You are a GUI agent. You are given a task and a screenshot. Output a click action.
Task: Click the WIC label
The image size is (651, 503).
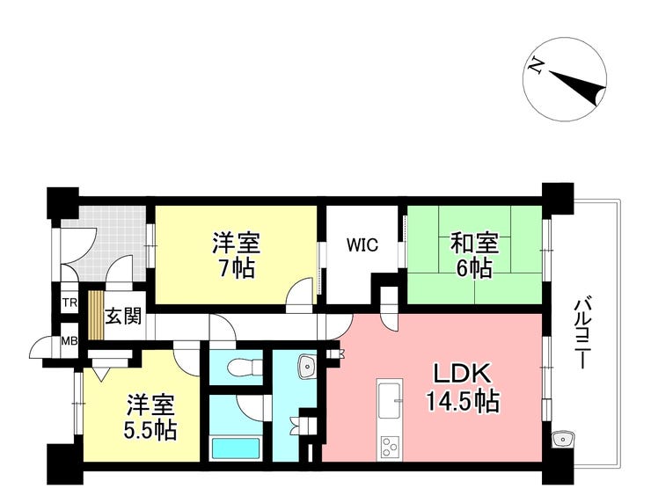(362, 244)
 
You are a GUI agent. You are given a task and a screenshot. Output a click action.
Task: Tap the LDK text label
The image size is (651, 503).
(463, 375)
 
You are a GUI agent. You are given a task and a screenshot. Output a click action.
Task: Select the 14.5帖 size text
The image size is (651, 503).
(463, 401)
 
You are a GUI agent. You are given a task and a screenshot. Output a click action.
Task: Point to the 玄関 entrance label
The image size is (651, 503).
(123, 317)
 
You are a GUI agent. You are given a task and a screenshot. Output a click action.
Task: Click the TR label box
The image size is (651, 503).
(69, 303)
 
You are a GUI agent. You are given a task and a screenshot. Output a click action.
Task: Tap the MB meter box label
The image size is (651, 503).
(69, 341)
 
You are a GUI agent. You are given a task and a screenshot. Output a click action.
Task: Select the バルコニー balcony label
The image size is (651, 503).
(580, 333)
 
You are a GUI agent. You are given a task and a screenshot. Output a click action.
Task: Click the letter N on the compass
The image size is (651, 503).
(536, 67)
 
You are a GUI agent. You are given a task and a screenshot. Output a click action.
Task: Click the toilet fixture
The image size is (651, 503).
(245, 367)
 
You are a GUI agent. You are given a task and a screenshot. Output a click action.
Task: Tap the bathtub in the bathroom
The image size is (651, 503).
(236, 448)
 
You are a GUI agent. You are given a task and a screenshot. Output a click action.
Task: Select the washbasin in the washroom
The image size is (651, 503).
(307, 367)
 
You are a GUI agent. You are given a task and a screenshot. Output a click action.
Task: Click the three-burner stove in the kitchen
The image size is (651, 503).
(390, 447)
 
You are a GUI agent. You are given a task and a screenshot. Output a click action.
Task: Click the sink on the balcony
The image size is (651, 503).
(562, 439)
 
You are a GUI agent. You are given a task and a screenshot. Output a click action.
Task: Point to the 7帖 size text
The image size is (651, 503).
(236, 268)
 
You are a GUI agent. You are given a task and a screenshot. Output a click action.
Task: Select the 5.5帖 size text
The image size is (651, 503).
(150, 430)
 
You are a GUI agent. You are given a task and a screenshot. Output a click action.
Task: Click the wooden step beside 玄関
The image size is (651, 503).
(96, 315)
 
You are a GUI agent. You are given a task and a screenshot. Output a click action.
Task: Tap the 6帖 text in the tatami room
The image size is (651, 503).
(475, 268)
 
